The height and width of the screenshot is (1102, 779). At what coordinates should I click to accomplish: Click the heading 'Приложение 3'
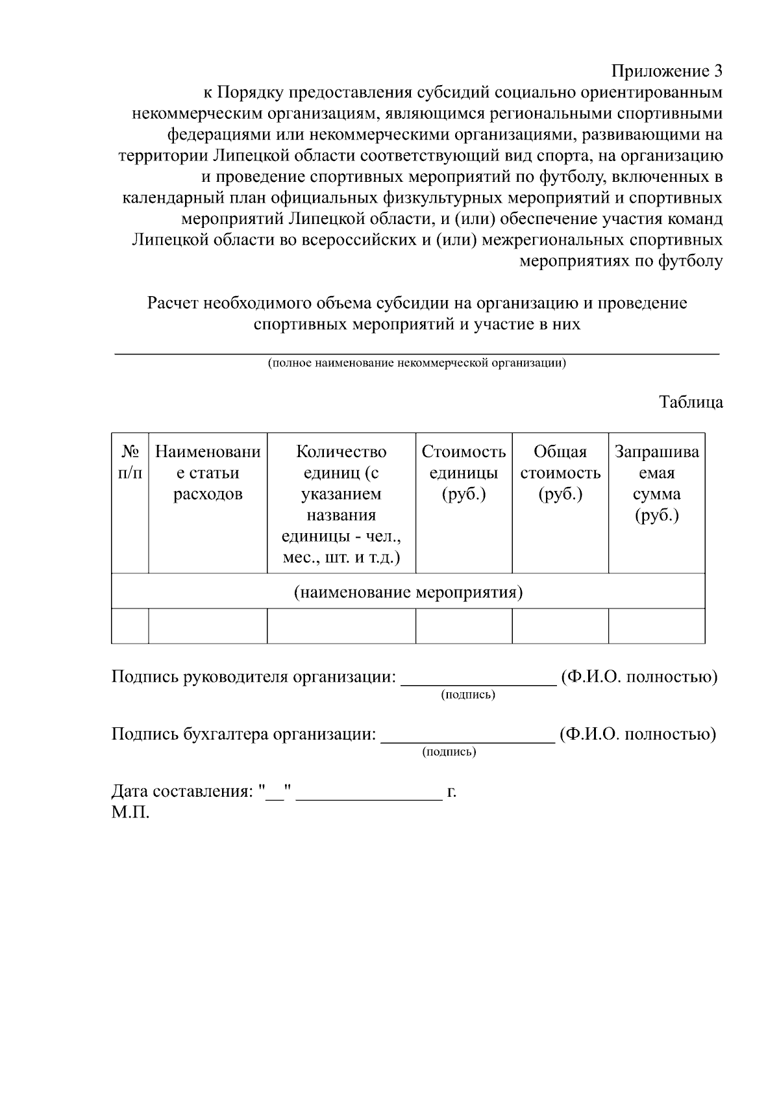pyautogui.click(x=667, y=70)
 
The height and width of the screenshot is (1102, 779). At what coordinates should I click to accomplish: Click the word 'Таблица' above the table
pyautogui.click(x=691, y=402)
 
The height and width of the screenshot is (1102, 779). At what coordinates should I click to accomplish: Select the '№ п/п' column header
pyautogui.click(x=130, y=462)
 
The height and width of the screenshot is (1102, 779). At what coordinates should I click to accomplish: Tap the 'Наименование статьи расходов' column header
pyautogui.click(x=208, y=473)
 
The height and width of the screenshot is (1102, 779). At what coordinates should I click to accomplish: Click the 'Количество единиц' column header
pyautogui.click(x=341, y=503)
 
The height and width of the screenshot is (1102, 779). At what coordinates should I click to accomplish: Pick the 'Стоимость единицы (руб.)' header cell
pyautogui.click(x=464, y=473)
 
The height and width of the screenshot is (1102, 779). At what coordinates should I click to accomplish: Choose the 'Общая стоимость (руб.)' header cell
pyautogui.click(x=560, y=473)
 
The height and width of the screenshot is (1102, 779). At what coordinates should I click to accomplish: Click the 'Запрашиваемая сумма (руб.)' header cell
pyautogui.click(x=656, y=483)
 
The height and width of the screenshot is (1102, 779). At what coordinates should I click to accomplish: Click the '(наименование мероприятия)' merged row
pyautogui.click(x=408, y=592)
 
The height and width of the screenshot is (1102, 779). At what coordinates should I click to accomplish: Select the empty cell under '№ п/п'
pyautogui.click(x=130, y=626)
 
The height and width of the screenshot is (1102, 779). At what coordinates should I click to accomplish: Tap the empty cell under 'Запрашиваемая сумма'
pyautogui.click(x=656, y=626)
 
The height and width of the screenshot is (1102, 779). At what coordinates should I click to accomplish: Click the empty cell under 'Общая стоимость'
pyautogui.click(x=560, y=626)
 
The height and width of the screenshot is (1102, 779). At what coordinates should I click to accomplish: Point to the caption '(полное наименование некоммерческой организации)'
pyautogui.click(x=417, y=363)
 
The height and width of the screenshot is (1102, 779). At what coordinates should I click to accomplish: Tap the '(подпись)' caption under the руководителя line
pyautogui.click(x=468, y=695)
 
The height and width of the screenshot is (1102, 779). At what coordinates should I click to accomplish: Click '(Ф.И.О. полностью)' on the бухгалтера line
pyautogui.click(x=637, y=734)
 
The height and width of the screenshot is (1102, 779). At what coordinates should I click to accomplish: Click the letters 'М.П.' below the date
pyautogui.click(x=130, y=812)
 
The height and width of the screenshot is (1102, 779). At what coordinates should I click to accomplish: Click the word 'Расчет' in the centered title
pyautogui.click(x=173, y=303)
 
